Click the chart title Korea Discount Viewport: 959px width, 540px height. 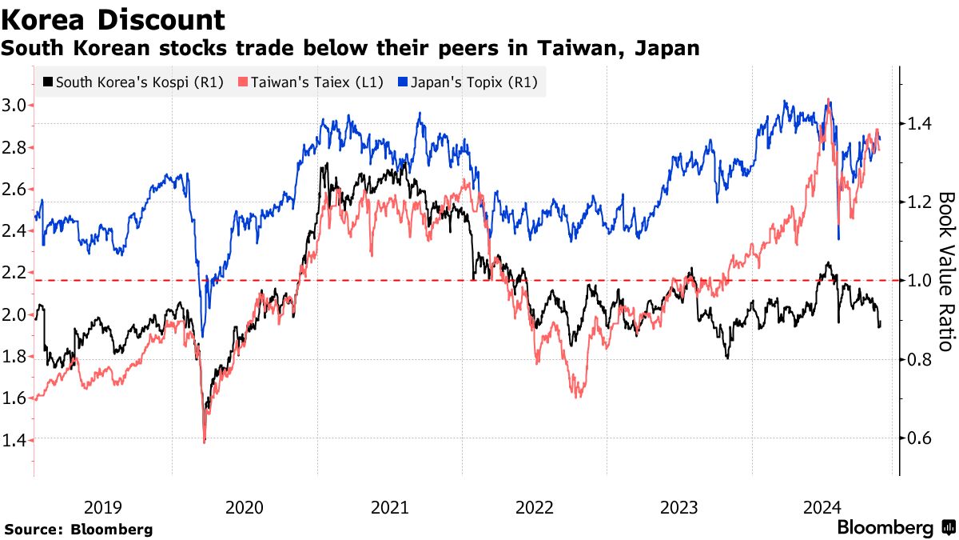[113, 19]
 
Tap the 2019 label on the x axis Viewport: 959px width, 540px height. [103, 506]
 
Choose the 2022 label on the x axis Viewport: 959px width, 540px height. [535, 506]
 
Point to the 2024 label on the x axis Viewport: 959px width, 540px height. [822, 506]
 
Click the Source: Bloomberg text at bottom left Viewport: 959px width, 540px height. [78, 529]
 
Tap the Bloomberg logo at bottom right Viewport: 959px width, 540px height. [895, 527]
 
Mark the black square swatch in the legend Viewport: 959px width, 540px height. [49, 82]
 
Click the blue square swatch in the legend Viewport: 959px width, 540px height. [404, 82]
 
